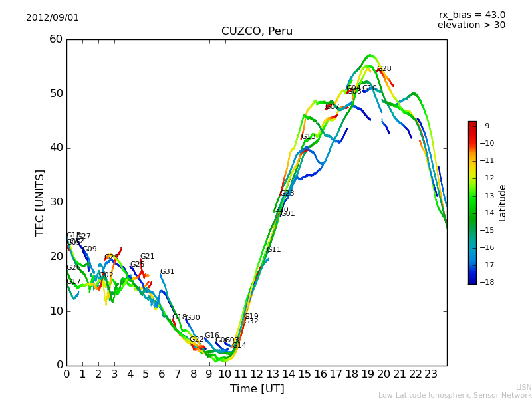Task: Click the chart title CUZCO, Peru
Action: tap(257, 31)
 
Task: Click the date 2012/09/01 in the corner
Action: tap(53, 17)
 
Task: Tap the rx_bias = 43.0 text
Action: tap(472, 15)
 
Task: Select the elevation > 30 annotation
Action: tap(471, 25)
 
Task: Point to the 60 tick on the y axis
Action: tap(56, 39)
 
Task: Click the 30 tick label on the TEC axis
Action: tap(56, 202)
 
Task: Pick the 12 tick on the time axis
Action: tap(257, 374)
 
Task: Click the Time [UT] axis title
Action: tap(257, 389)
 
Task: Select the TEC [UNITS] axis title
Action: tap(41, 202)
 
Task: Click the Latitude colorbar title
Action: tap(503, 203)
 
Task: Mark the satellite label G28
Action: tap(384, 68)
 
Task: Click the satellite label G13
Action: tap(309, 137)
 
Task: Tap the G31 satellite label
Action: tap(168, 272)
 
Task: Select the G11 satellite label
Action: tap(274, 250)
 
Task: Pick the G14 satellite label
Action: tap(239, 346)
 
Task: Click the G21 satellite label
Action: tap(148, 257)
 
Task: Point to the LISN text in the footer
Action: tap(523, 387)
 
